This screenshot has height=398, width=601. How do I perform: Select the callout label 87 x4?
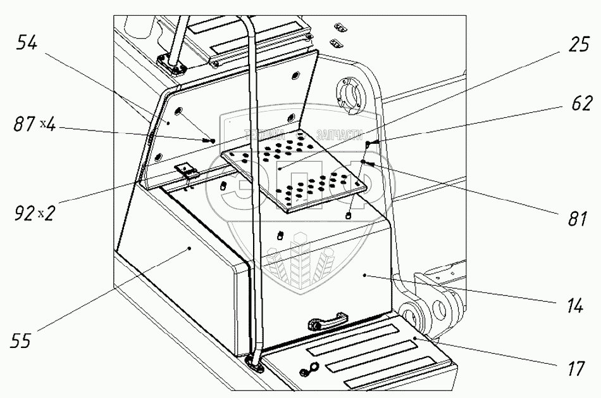pyautogui.click(x=35, y=125)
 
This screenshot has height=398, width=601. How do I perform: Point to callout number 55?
pyautogui.click(x=23, y=341)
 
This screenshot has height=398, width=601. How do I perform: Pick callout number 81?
pyautogui.click(x=576, y=219)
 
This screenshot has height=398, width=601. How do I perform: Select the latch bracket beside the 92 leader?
pyautogui.click(x=186, y=171)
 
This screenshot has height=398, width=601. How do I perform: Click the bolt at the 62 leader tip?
pyautogui.click(x=371, y=143)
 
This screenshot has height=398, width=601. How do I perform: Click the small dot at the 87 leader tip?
pyautogui.click(x=213, y=141)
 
